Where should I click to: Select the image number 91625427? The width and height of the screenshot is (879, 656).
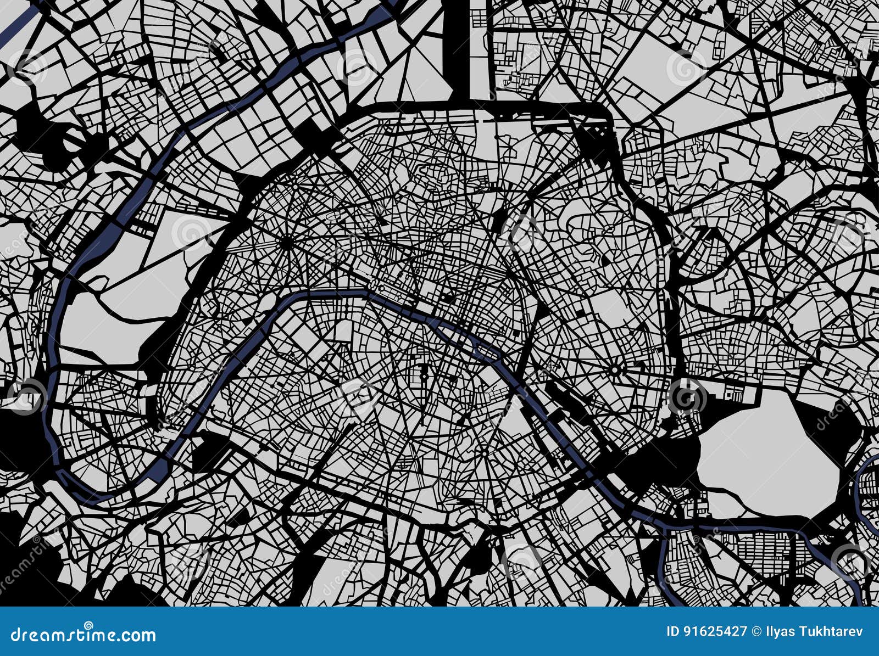pyautogui.click(x=716, y=631)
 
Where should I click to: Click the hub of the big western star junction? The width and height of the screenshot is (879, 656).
pyautogui.click(x=286, y=242)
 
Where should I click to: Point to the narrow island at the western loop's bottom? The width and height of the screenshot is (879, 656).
pyautogui.click(x=159, y=467)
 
